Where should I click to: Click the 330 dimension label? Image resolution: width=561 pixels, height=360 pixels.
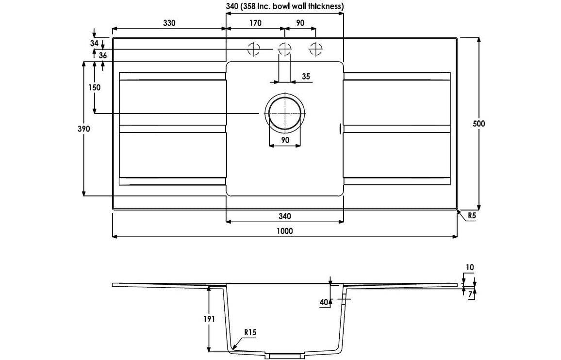(x=168, y=23)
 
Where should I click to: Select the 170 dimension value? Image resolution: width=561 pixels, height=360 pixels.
(x=255, y=23)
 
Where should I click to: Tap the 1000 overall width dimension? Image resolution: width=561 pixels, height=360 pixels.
(x=285, y=231)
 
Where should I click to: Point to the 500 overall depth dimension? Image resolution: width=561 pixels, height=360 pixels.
(x=479, y=123)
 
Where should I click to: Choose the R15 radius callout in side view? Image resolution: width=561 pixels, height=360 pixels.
(x=250, y=332)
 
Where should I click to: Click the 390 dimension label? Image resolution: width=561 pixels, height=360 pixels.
(x=83, y=129)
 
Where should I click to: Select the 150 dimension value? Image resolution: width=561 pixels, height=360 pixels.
(x=95, y=87)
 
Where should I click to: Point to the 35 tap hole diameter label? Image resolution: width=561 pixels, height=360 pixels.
(x=306, y=76)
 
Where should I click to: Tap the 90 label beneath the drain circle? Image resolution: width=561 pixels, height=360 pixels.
(x=285, y=140)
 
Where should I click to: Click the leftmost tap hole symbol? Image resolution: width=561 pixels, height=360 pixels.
(x=253, y=49)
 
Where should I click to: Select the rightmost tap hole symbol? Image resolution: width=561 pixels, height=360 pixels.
(x=316, y=49)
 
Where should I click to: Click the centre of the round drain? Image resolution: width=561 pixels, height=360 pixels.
(x=285, y=113)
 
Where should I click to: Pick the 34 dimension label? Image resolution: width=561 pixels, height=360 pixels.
(x=95, y=43)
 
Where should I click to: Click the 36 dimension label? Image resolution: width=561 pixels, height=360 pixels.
(x=102, y=55)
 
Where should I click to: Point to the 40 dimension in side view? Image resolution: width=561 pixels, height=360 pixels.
(x=323, y=302)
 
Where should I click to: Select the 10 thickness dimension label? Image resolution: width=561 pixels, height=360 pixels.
(x=469, y=267)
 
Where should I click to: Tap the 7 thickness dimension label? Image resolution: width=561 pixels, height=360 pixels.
(x=470, y=294)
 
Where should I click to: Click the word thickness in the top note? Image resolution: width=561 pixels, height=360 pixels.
(x=325, y=6)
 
